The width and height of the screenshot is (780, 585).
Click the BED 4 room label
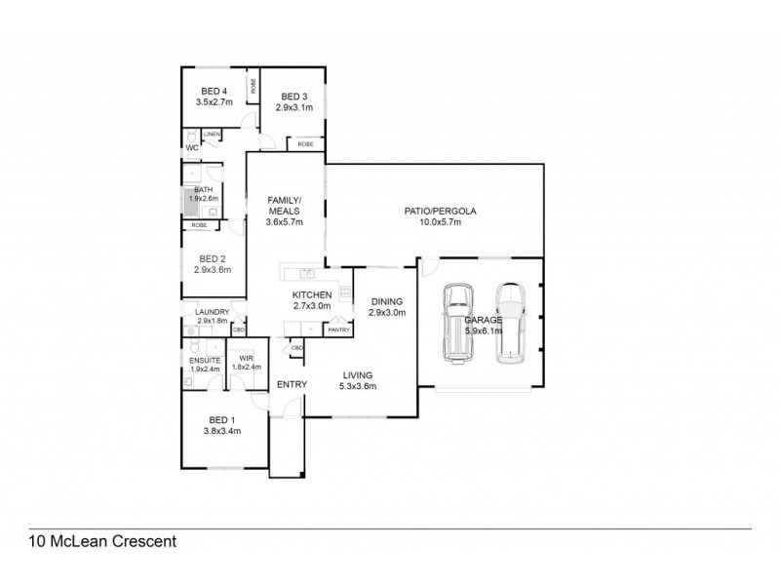tap(205, 90)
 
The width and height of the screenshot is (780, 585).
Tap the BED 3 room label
tap(293, 96)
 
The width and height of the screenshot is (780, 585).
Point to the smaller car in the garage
tap(508, 323)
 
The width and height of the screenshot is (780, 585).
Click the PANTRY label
tap(338, 331)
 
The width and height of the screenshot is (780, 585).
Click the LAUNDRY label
tap(212, 312)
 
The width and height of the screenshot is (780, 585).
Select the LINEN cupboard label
tap(212, 134)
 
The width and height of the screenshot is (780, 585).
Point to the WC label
tap(192, 148)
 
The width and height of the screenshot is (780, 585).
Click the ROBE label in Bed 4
tap(252, 87)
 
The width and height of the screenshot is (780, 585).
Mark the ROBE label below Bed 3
tap(305, 143)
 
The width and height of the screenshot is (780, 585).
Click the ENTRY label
tap(292, 385)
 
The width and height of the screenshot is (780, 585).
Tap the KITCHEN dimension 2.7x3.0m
tap(312, 305)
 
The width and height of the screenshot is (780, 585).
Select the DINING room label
tap(386, 301)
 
